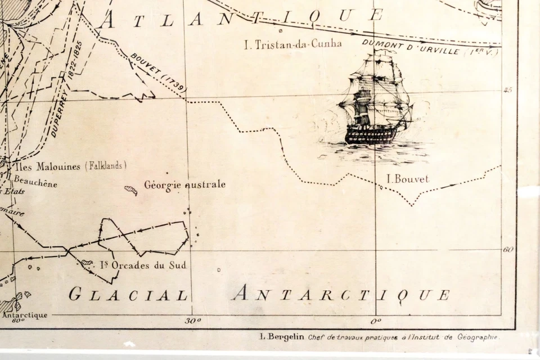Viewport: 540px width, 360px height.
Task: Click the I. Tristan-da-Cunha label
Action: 292,44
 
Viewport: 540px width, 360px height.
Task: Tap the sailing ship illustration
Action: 375,101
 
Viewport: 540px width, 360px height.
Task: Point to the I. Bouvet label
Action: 408,179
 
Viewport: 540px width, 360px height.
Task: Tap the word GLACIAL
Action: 128,295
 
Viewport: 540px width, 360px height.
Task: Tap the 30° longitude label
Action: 192,321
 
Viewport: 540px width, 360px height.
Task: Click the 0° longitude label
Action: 376,321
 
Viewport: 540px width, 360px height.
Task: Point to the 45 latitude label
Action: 507,90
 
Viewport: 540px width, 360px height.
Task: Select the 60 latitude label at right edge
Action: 508,249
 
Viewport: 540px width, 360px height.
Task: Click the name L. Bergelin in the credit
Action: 282,337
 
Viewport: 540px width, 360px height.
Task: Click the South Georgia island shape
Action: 130,190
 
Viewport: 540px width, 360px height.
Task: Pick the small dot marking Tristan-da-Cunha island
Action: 281,31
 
